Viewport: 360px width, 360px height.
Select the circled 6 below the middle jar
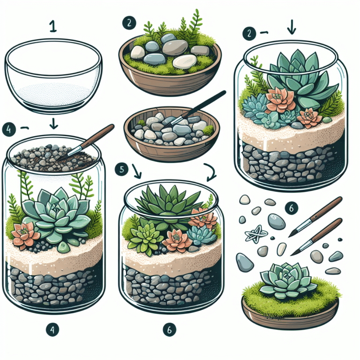(170, 330)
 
